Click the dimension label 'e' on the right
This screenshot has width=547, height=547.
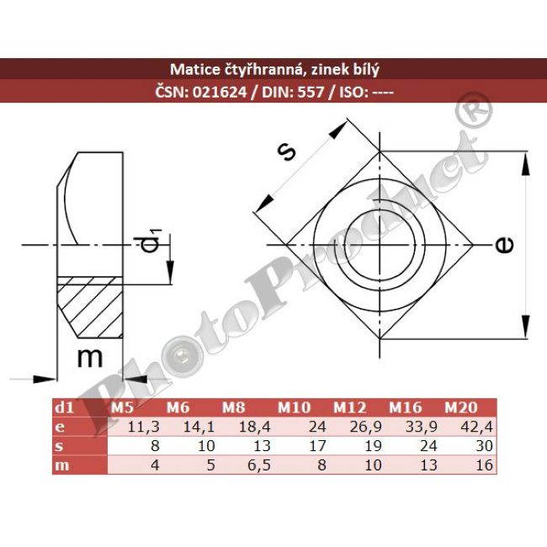point(503,245)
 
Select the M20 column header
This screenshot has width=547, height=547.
point(461,408)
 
